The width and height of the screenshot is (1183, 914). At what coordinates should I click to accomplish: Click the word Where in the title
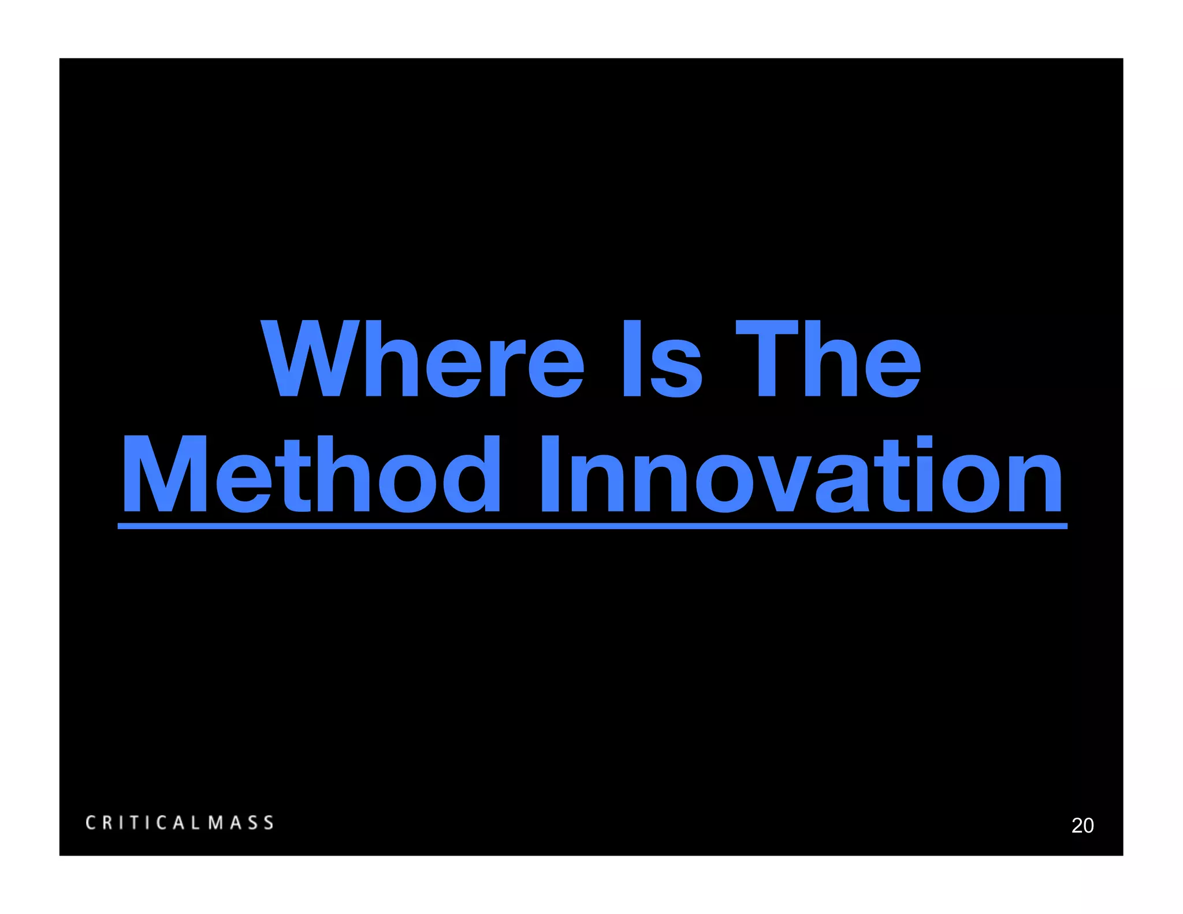tap(423, 359)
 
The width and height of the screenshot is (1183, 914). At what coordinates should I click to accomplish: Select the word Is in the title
tap(661, 359)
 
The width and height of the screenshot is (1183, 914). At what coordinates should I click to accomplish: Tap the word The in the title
tap(828, 359)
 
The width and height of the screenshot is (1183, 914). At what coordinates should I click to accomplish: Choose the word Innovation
tap(801, 475)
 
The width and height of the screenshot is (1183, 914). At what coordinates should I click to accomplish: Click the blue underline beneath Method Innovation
tap(592, 526)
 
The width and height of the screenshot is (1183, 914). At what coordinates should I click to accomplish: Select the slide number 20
tap(1082, 826)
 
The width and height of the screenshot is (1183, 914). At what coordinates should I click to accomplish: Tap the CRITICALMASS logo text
tap(180, 823)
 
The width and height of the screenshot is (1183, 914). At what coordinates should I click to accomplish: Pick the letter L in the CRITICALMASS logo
tap(196, 823)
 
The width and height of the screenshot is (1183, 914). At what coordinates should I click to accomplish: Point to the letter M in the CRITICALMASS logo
tap(216, 823)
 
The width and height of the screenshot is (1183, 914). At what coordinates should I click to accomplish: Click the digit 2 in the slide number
tap(1077, 826)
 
